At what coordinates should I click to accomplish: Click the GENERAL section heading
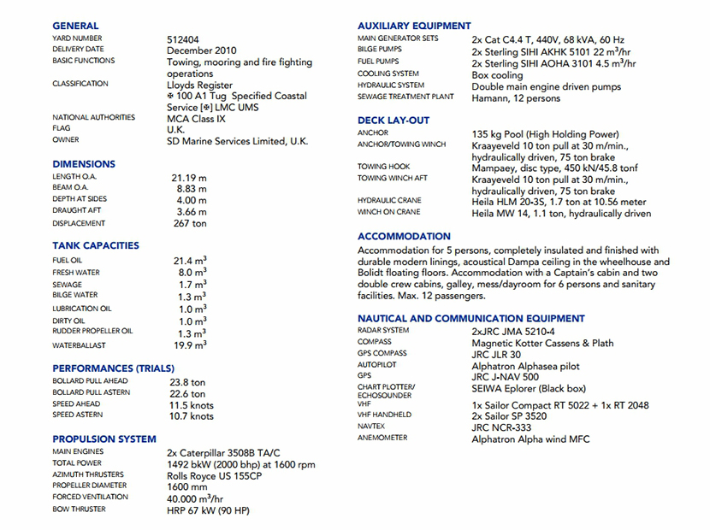click(75, 26)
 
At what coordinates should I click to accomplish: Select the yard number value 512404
click(186, 39)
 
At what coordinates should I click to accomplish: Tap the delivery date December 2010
click(202, 50)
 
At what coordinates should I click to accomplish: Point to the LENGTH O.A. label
click(74, 177)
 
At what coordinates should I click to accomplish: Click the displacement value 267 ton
click(190, 223)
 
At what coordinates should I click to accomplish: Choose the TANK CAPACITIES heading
click(95, 245)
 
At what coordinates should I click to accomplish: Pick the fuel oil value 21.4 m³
click(190, 260)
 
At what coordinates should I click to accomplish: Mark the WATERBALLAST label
click(79, 345)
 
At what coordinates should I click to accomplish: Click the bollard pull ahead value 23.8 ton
click(187, 383)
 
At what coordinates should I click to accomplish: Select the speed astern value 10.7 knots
click(192, 416)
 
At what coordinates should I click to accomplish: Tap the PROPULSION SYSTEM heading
click(104, 439)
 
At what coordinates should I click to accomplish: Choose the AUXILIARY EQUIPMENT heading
click(414, 26)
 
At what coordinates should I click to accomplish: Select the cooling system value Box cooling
click(497, 75)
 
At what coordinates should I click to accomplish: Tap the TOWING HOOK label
click(384, 167)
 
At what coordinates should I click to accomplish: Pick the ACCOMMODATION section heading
click(404, 236)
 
